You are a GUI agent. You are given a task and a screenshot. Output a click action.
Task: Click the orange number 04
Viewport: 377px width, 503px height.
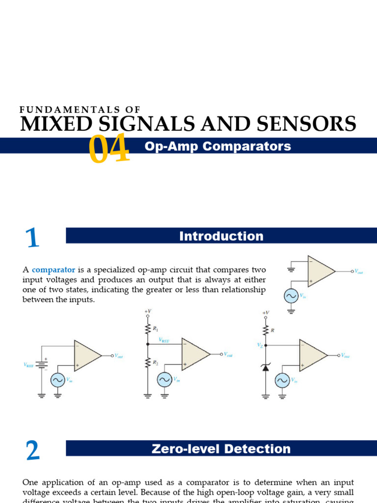[x=109, y=149]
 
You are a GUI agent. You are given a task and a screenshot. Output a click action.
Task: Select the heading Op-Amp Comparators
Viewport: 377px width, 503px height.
[x=218, y=146]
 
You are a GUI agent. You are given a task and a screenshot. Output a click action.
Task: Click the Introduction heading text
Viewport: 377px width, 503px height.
[x=221, y=236]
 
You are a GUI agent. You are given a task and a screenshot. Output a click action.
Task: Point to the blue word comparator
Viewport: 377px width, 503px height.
[x=54, y=270]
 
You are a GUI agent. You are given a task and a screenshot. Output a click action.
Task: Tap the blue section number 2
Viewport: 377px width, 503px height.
[x=32, y=450]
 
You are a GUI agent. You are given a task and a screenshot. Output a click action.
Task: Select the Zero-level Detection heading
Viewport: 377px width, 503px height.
[x=221, y=449]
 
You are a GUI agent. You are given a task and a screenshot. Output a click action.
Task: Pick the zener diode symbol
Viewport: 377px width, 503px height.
[x=266, y=367]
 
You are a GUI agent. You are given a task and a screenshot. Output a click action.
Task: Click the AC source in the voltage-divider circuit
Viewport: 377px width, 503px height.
[x=164, y=380]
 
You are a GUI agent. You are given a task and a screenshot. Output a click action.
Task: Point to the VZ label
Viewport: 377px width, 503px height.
[x=260, y=345]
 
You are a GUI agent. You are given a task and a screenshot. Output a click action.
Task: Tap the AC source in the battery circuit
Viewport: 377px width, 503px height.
[x=57, y=380]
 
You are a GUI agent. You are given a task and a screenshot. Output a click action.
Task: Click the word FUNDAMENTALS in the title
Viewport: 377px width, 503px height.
[x=80, y=110]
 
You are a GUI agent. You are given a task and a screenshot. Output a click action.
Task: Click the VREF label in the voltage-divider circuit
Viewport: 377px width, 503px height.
[x=164, y=339]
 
